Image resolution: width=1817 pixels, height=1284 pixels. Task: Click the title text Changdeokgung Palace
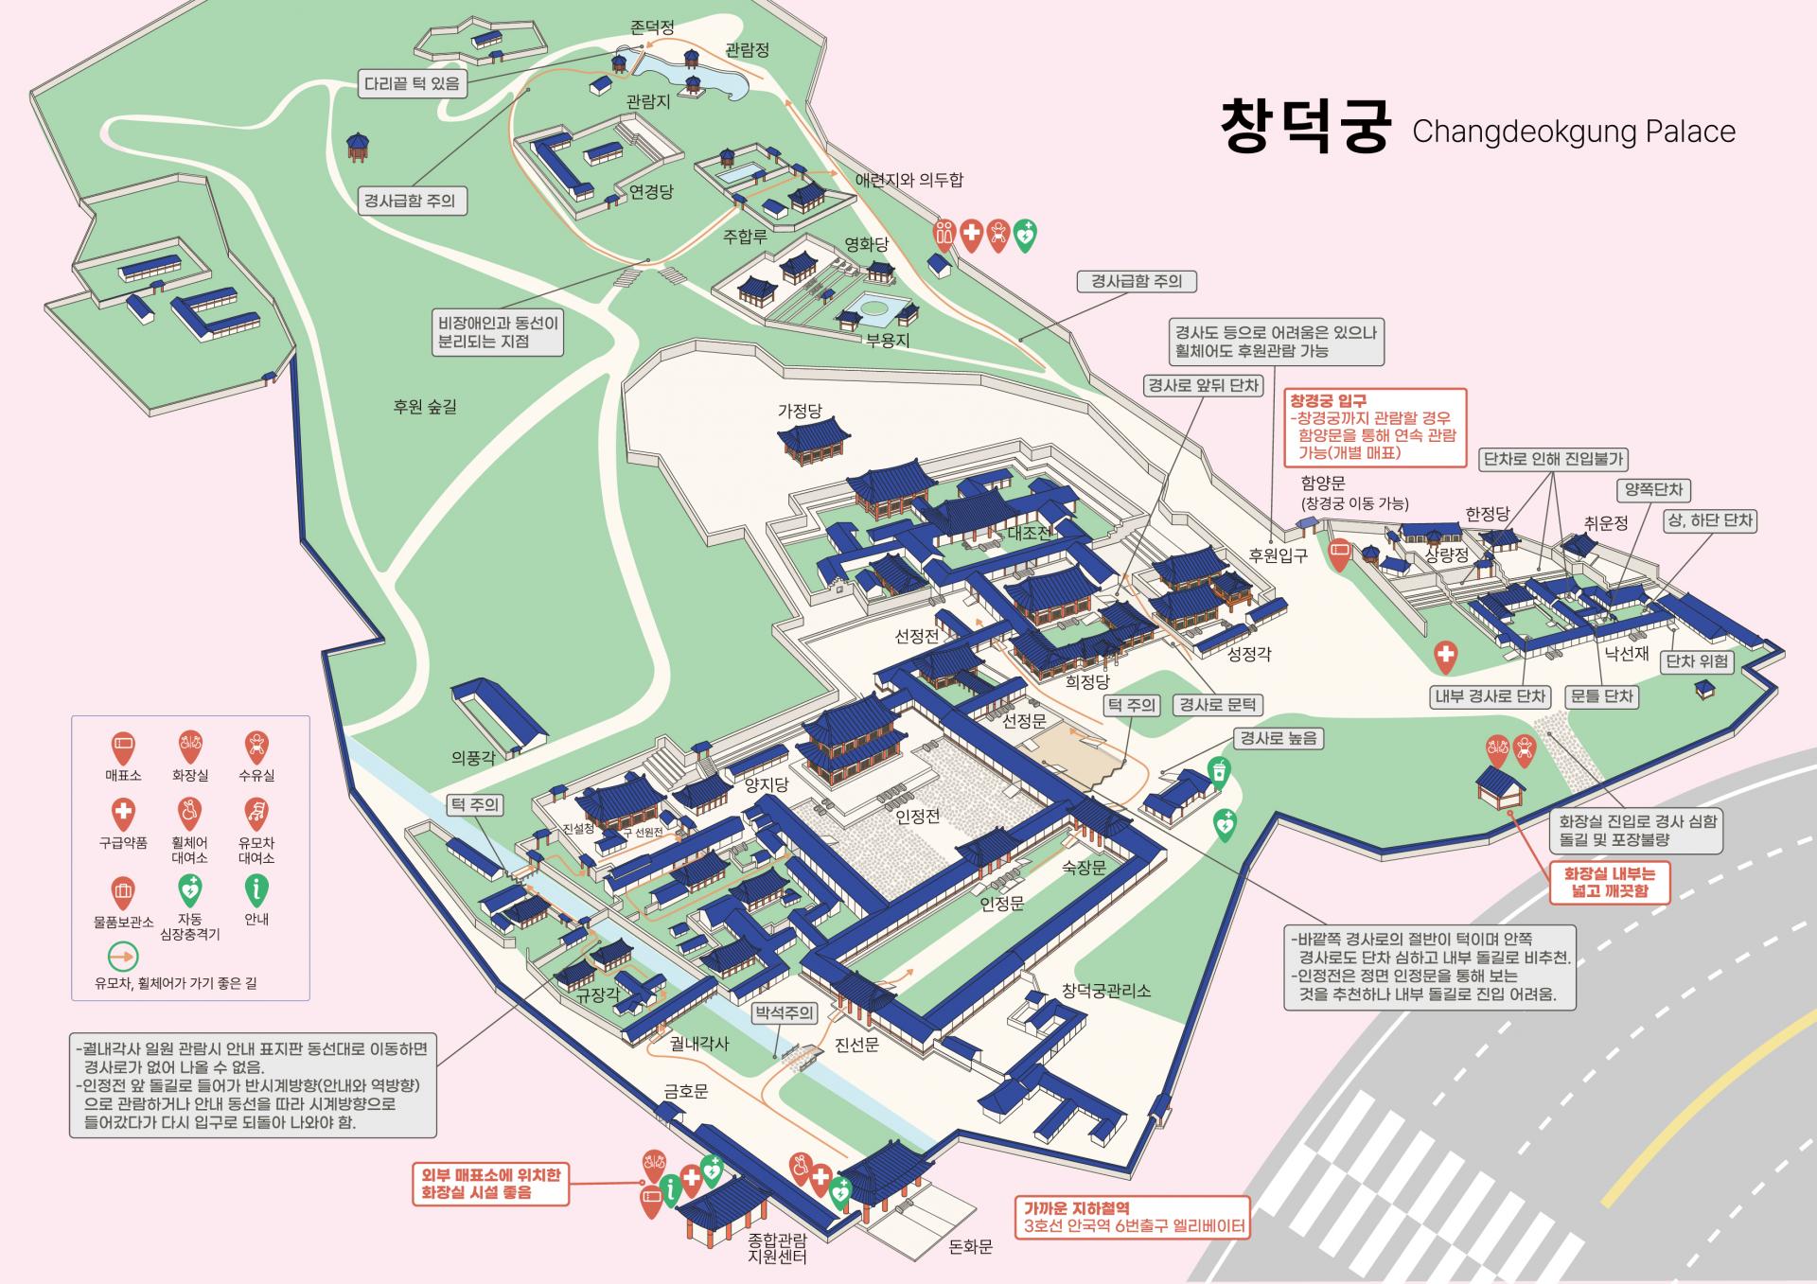[1573, 132]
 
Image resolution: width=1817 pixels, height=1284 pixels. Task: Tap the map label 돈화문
[970, 1247]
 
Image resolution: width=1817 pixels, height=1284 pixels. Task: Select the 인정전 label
[917, 816]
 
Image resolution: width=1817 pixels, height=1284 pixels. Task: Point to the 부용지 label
[888, 340]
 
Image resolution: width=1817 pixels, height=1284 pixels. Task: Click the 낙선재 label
[1627, 653]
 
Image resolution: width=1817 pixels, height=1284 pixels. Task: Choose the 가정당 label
[800, 411]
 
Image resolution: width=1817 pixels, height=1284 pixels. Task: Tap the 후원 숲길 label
[425, 407]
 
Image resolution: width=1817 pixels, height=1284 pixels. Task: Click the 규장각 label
[598, 994]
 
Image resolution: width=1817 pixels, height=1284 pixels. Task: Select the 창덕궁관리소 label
[1105, 991]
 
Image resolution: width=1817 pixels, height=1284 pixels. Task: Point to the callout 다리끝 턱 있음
[412, 83]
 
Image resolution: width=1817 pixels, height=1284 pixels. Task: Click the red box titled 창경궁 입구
[1374, 427]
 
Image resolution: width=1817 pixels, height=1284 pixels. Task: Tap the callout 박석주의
[784, 1012]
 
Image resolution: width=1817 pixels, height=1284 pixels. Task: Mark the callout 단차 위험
[1697, 661]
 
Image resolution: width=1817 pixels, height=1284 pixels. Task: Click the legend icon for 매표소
[123, 747]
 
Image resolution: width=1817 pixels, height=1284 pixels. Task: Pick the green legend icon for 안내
[256, 890]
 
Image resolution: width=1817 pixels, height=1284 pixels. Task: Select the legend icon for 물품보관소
[123, 891]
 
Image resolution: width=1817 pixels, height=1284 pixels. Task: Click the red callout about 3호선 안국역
[1133, 1218]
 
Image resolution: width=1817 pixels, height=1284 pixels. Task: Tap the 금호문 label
[686, 1092]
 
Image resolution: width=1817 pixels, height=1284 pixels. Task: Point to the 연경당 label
[651, 192]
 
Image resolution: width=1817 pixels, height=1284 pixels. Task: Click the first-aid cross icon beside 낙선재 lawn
[1445, 655]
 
